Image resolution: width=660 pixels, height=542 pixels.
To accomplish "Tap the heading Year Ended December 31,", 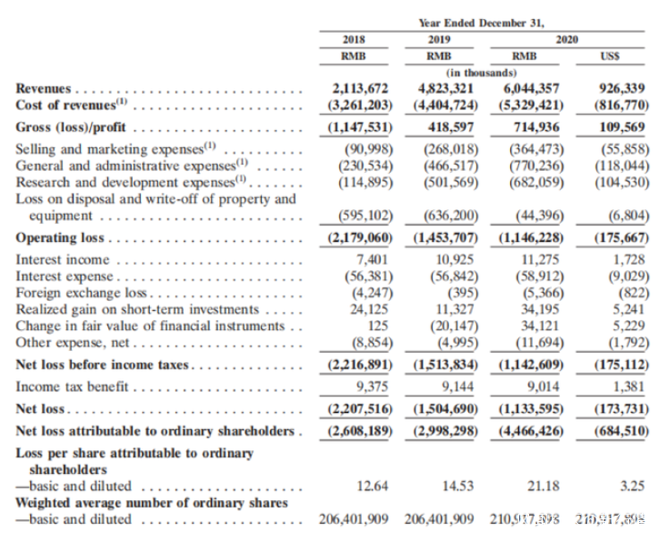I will point(481,22).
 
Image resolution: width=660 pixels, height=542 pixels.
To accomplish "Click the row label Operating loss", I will point(60,238).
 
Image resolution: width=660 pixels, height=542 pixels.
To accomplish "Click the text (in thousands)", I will point(481,72).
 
